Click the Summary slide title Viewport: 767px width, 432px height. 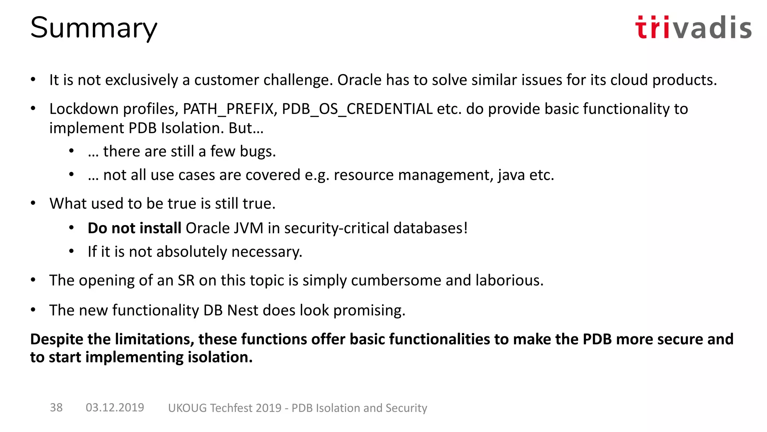point(94,28)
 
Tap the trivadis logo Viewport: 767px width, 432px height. point(693,27)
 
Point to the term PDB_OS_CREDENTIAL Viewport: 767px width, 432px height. point(357,109)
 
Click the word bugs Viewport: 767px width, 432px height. point(258,152)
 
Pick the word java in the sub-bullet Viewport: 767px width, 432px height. point(511,175)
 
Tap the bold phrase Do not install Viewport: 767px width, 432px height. point(134,228)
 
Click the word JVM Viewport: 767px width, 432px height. point(249,228)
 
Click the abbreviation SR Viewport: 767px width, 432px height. point(186,280)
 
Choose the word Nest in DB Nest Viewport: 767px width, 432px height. point(243,310)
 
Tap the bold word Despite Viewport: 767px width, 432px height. point(57,339)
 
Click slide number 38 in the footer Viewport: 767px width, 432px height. point(56,408)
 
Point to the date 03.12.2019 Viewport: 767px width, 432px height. point(115,408)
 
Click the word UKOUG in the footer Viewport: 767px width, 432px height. point(187,408)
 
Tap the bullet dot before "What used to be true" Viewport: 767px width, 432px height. point(33,203)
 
